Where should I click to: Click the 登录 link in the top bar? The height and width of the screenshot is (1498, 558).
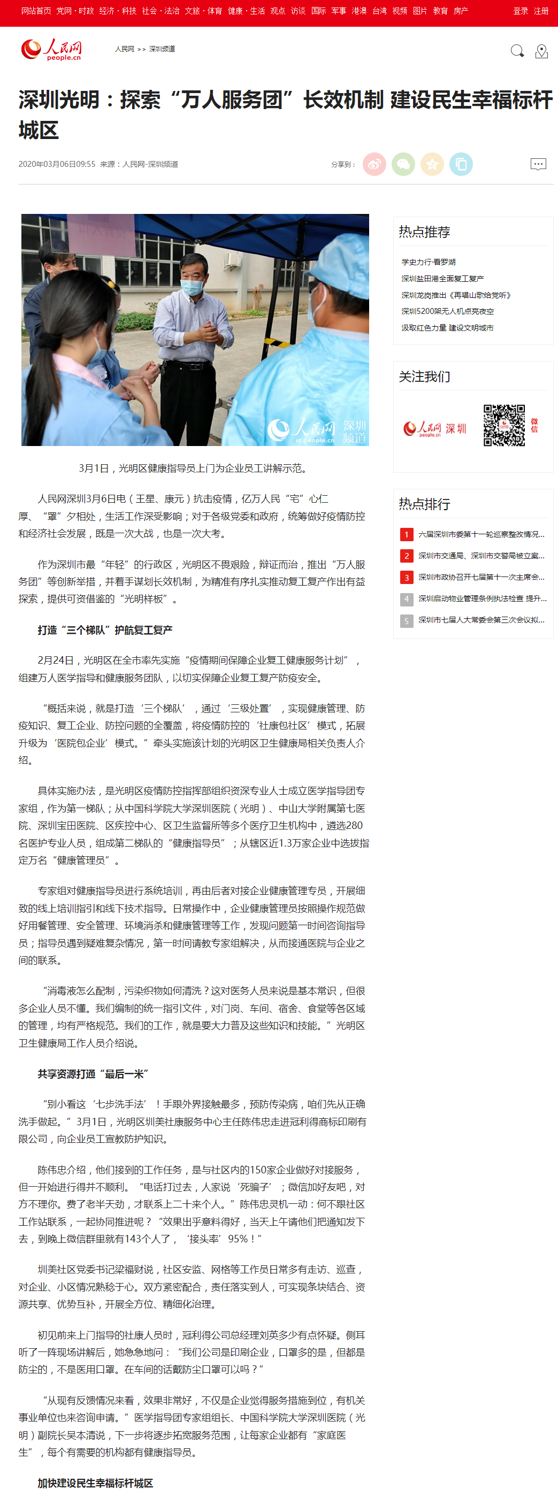pos(520,11)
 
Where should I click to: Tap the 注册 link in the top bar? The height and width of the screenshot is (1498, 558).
pos(541,11)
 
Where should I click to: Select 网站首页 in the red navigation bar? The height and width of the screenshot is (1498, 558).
pos(36,11)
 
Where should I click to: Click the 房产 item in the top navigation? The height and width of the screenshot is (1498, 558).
pos(461,11)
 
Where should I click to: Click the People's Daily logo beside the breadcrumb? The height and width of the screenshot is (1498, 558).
pos(51,49)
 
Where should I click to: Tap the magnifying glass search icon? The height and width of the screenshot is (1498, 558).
pos(517,51)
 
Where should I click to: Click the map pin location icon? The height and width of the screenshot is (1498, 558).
pos(542,51)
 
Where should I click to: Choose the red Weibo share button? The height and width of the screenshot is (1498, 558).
pos(374,165)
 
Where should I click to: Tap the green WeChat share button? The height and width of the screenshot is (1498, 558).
pos(403,165)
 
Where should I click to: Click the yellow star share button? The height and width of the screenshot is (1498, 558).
pos(432,165)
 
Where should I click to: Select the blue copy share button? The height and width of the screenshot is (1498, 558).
pos(461,165)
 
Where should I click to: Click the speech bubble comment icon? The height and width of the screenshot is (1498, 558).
pos(538,165)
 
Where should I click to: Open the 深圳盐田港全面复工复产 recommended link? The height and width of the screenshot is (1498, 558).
pos(442,279)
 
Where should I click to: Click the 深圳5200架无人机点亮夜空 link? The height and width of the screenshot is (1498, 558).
pos(447,312)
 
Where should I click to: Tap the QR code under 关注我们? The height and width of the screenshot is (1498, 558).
pos(504,426)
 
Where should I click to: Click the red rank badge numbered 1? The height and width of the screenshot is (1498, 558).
pos(407,534)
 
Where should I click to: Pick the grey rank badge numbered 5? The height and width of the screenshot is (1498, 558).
pos(407,620)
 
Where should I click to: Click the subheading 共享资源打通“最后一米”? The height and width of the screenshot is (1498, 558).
pos(93,1073)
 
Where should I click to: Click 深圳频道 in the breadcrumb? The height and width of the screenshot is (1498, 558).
pos(162,49)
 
